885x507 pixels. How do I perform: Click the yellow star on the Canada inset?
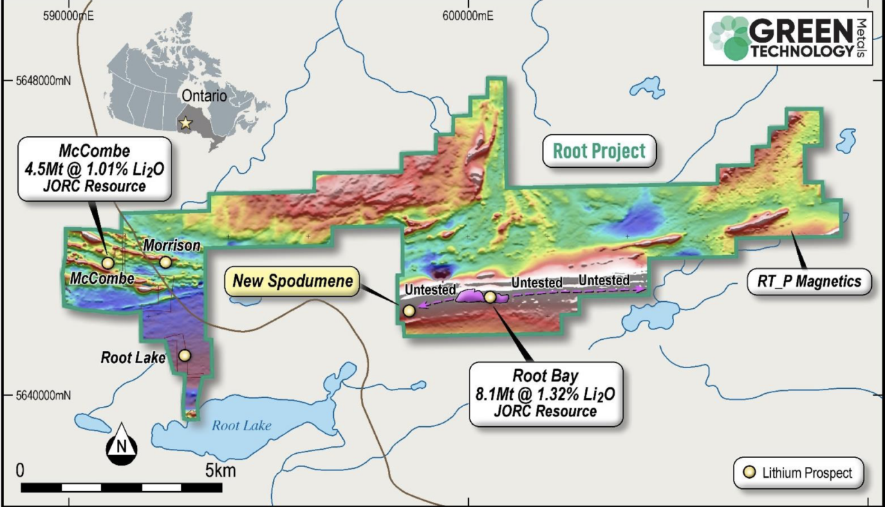[x=185, y=123]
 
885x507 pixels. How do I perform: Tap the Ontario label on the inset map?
[x=203, y=96]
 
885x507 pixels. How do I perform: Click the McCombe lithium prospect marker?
[x=108, y=262]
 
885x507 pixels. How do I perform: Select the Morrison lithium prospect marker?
[x=165, y=262]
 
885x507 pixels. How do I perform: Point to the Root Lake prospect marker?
[x=185, y=355]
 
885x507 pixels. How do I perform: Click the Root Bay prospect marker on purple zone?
[x=490, y=297]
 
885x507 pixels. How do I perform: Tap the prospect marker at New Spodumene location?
[x=409, y=311]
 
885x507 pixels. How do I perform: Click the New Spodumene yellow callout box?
[x=292, y=281]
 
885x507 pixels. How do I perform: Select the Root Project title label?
[x=599, y=151]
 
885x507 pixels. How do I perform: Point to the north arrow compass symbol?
[x=121, y=444]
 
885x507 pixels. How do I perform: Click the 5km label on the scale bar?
[x=220, y=471]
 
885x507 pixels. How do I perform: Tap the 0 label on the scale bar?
[x=20, y=471]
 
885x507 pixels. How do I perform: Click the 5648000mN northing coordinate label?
[x=44, y=81]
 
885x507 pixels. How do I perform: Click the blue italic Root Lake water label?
[x=241, y=425]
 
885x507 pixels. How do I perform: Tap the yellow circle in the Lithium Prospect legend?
[x=748, y=474]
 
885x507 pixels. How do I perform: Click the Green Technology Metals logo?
[x=788, y=38]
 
